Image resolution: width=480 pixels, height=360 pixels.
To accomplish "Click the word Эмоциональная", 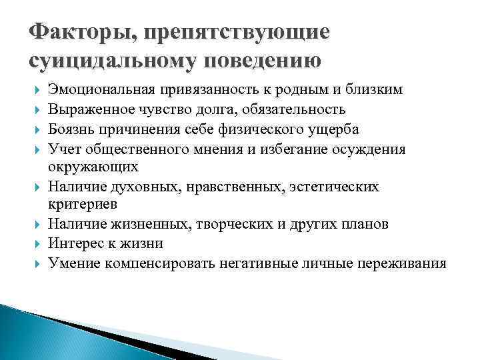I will click(101, 90).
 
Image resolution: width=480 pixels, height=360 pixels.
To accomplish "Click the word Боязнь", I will click(71, 129).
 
